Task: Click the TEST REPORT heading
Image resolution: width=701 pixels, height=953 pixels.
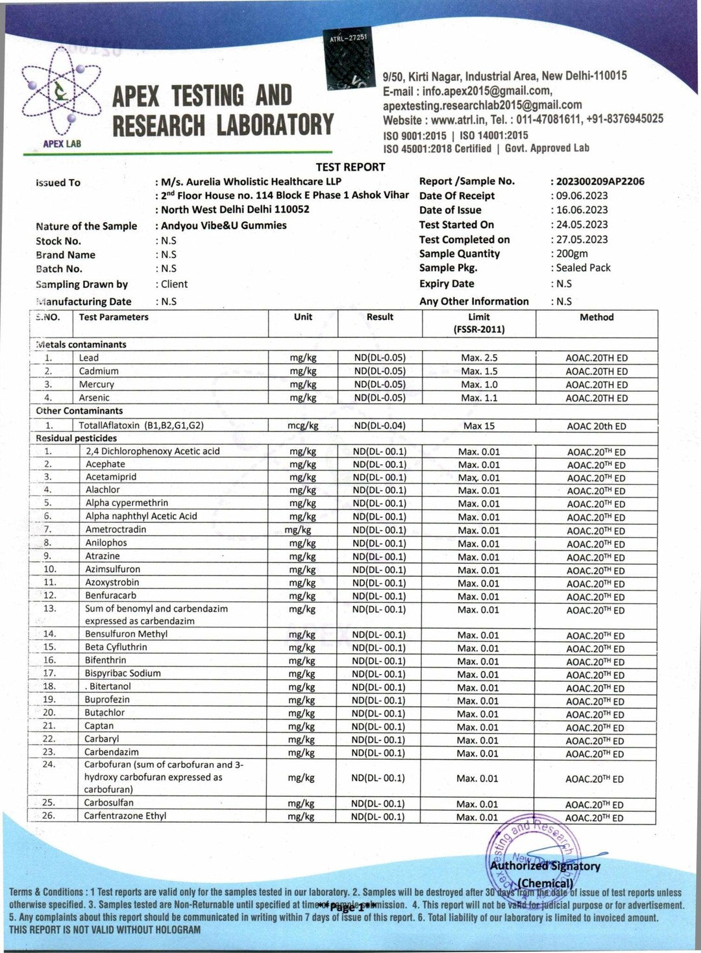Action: [x=350, y=167]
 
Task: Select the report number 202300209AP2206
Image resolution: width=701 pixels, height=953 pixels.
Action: [x=600, y=182]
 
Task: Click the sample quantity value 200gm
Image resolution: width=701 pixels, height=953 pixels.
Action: [x=572, y=254]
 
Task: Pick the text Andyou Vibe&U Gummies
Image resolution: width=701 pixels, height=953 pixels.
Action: [x=224, y=226]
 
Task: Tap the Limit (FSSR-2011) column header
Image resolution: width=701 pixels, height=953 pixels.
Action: [x=479, y=323]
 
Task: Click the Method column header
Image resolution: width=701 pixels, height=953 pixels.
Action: [x=596, y=317]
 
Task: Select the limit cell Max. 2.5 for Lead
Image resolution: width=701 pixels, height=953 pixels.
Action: [x=479, y=358]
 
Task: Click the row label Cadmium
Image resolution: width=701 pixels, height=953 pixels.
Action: [x=99, y=372]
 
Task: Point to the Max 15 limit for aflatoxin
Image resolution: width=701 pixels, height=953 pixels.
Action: [x=479, y=426]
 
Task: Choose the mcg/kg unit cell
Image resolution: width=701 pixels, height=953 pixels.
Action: [x=303, y=426]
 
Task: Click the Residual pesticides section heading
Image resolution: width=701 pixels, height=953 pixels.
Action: [x=76, y=439]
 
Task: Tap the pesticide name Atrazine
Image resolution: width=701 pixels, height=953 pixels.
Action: [x=103, y=557]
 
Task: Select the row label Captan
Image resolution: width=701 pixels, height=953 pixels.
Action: [x=99, y=726]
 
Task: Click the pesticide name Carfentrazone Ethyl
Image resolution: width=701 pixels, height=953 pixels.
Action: [x=125, y=816]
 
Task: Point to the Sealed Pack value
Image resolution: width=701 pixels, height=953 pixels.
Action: [x=583, y=268]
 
